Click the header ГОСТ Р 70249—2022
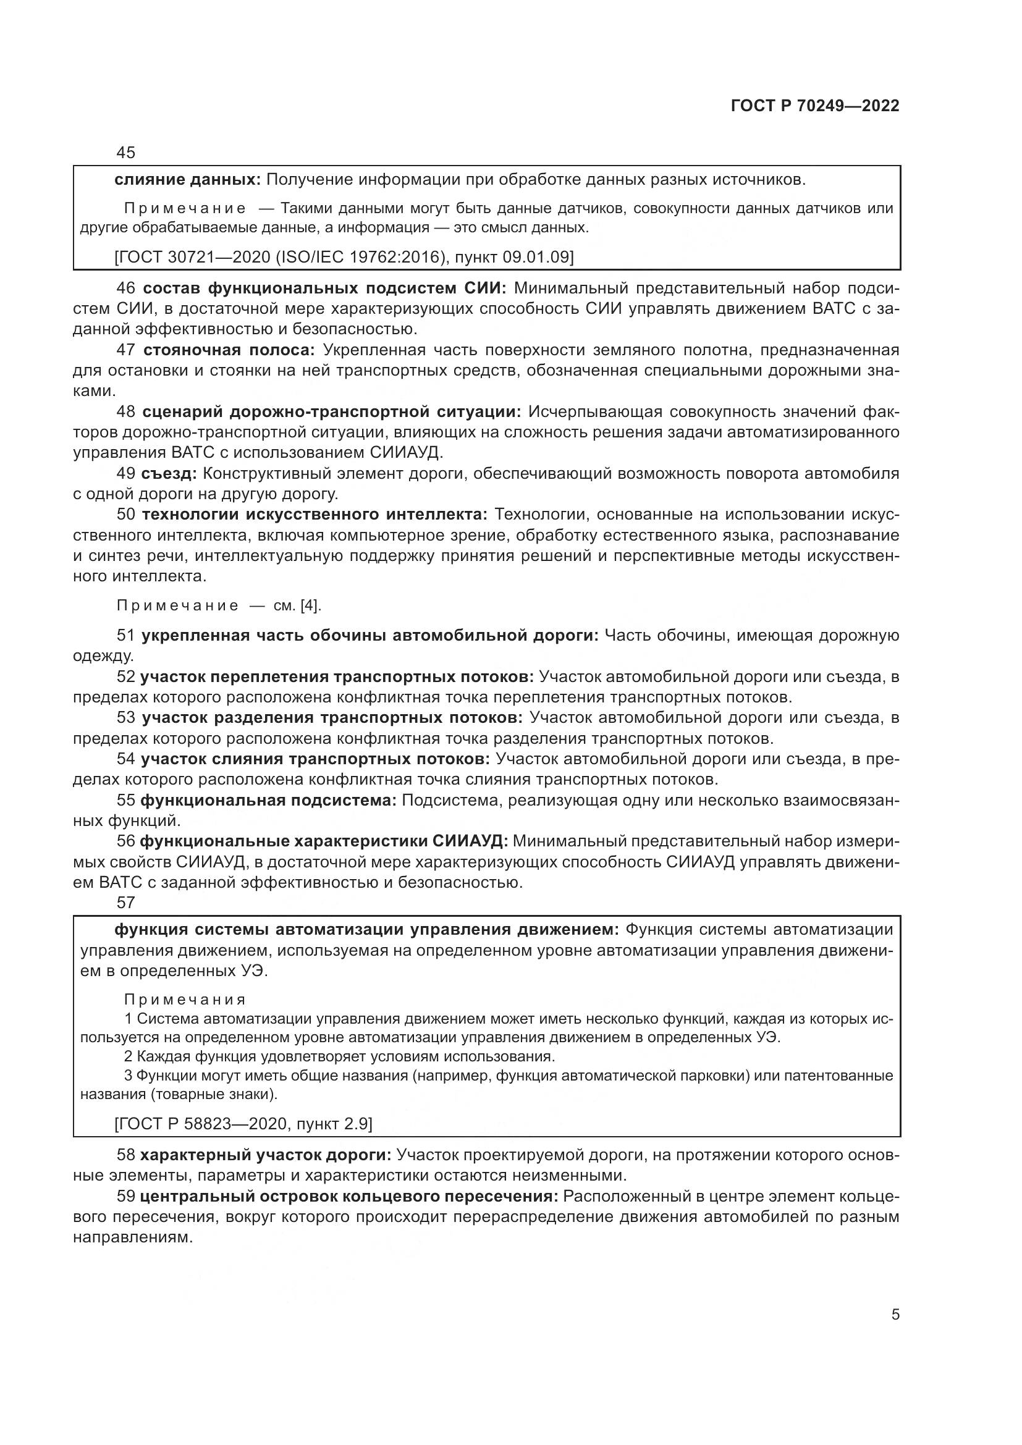(815, 106)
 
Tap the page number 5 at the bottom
(895, 1315)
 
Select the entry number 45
(126, 153)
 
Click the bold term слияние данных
(187, 180)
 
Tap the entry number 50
(126, 515)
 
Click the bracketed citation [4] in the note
(310, 605)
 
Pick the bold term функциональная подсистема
(268, 801)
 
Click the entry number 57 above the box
(126, 903)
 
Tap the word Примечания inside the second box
(184, 1000)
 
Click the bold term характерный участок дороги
(266, 1155)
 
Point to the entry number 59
(126, 1197)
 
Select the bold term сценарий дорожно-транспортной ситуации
(332, 411)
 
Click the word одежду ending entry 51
(103, 657)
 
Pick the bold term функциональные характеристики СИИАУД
(323, 841)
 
